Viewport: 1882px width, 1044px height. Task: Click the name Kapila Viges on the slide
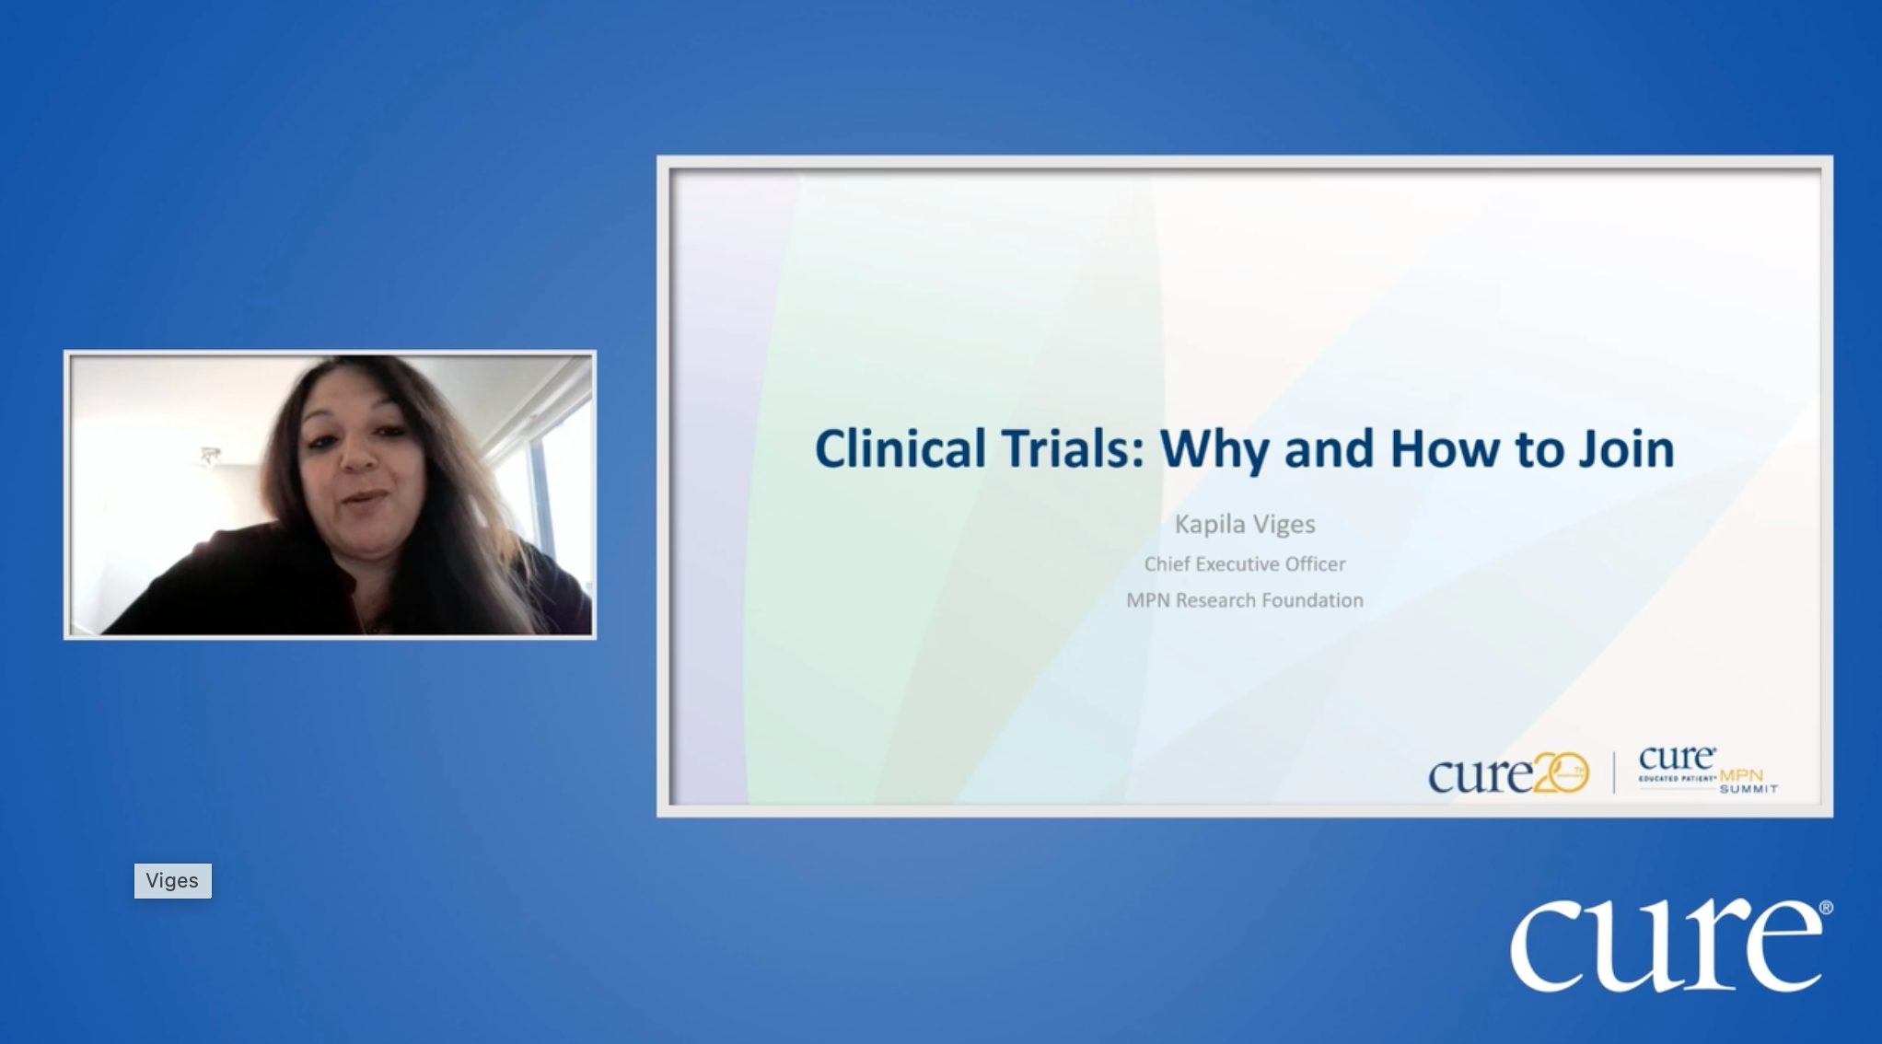1245,525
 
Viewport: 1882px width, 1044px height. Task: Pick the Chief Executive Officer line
1245,564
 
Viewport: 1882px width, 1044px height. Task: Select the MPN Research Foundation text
1245,600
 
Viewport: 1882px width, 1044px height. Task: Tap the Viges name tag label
172,881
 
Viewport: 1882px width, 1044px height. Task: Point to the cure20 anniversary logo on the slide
1507,774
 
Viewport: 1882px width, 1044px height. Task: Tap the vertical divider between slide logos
1613,772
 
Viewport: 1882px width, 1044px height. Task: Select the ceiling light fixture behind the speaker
210,455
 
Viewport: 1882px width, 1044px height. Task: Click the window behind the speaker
552,479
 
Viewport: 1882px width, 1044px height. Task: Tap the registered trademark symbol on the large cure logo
1826,908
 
